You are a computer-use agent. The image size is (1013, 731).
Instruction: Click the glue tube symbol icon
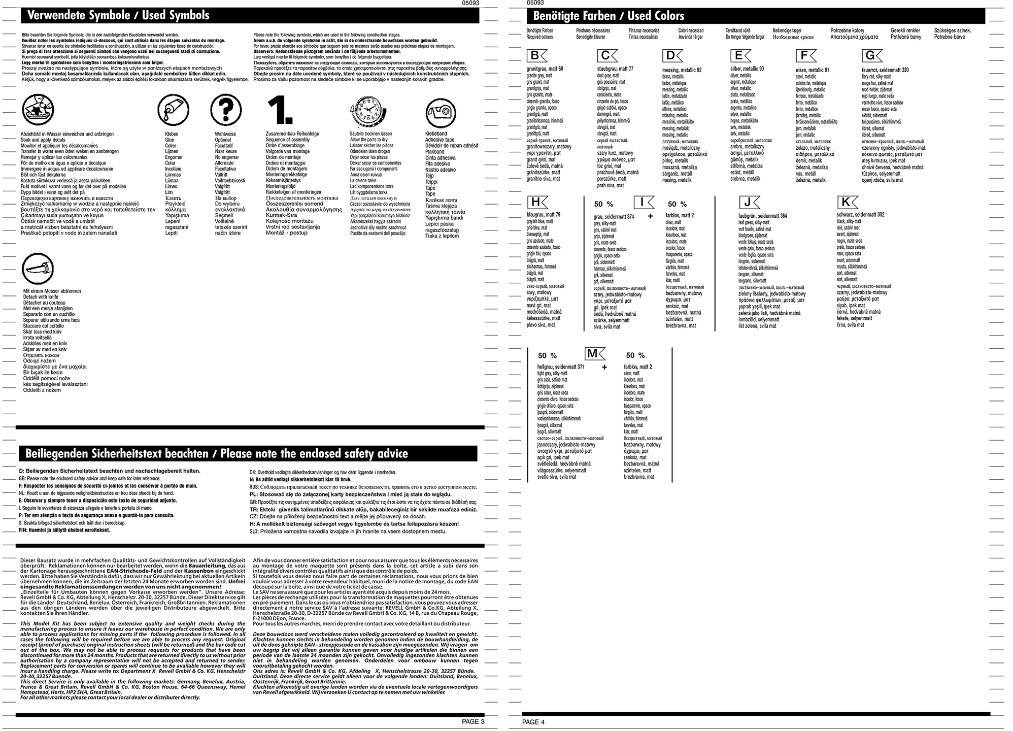(173, 109)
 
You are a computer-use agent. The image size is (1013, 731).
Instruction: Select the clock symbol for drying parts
(368, 110)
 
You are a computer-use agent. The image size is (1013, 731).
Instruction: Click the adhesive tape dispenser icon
(441, 110)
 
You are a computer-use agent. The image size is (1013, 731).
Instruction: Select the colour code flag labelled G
(872, 55)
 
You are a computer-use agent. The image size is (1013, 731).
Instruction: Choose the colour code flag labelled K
(847, 202)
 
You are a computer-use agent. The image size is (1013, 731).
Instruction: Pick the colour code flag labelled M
(595, 353)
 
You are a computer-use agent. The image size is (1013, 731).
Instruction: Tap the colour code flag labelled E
(740, 56)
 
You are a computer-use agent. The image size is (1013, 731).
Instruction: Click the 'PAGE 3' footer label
(473, 721)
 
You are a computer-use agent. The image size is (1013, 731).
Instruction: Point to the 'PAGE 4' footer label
(533, 722)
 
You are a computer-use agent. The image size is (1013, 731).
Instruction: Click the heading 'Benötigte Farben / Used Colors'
(609, 16)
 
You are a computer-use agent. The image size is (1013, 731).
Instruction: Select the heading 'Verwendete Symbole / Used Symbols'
(118, 15)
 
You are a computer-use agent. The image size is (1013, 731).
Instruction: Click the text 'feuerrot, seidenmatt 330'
(885, 70)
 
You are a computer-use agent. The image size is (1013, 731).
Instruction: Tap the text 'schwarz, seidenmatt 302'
(860, 215)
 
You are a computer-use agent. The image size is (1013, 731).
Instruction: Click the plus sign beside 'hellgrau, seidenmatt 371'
(604, 367)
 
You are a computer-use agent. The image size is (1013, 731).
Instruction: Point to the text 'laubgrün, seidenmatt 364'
(763, 216)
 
